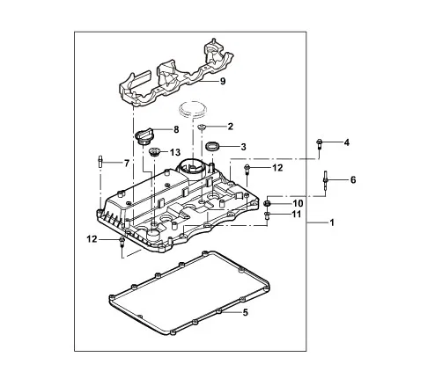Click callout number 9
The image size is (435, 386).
coord(223,82)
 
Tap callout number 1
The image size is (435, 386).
coord(332,223)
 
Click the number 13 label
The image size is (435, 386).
coord(176,151)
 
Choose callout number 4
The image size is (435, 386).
coord(346,142)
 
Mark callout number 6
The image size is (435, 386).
coord(353,180)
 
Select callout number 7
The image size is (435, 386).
coord(126,164)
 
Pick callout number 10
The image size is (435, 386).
coord(298,203)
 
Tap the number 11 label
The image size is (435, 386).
coord(298,215)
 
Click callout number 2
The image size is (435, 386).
coord(230,127)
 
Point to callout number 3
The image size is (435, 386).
coord(243,147)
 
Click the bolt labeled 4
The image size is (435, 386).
coord(321,143)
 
